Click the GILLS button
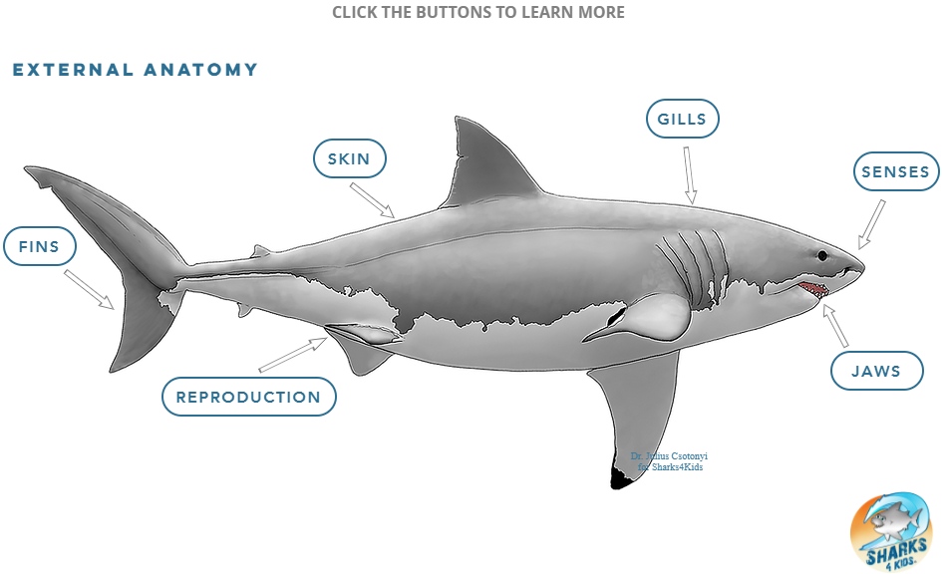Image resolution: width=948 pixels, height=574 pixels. (x=682, y=120)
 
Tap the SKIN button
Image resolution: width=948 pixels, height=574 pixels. (x=349, y=158)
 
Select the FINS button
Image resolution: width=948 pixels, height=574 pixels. (x=40, y=247)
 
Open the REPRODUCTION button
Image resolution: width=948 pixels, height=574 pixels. (x=248, y=397)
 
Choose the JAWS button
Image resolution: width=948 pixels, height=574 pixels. (x=876, y=372)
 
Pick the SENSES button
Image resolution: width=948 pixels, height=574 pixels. (x=895, y=171)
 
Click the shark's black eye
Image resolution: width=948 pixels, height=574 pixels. (x=822, y=256)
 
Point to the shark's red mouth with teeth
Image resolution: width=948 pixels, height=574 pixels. (x=812, y=289)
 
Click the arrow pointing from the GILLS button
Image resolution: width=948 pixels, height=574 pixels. (x=689, y=175)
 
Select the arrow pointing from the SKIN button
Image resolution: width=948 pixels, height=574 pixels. (x=373, y=199)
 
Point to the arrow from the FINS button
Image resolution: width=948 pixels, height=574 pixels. (x=90, y=288)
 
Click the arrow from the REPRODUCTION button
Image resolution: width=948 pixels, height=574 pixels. (x=293, y=355)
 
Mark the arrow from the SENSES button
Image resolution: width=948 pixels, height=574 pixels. (x=871, y=224)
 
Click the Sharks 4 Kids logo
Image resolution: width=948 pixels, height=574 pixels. (x=890, y=532)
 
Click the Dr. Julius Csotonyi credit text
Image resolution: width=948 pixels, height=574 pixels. (x=669, y=460)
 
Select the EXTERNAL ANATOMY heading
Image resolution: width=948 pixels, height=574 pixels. (x=136, y=70)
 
